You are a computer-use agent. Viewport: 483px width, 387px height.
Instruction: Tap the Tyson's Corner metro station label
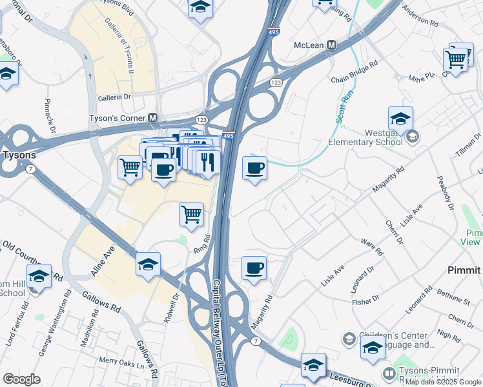116,119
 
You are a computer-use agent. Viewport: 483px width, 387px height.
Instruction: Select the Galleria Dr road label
114,97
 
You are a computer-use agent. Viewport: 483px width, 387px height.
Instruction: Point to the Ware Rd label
372,247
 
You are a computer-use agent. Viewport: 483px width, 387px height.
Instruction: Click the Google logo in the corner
21,379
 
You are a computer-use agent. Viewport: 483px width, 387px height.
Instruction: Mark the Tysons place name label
19,155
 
